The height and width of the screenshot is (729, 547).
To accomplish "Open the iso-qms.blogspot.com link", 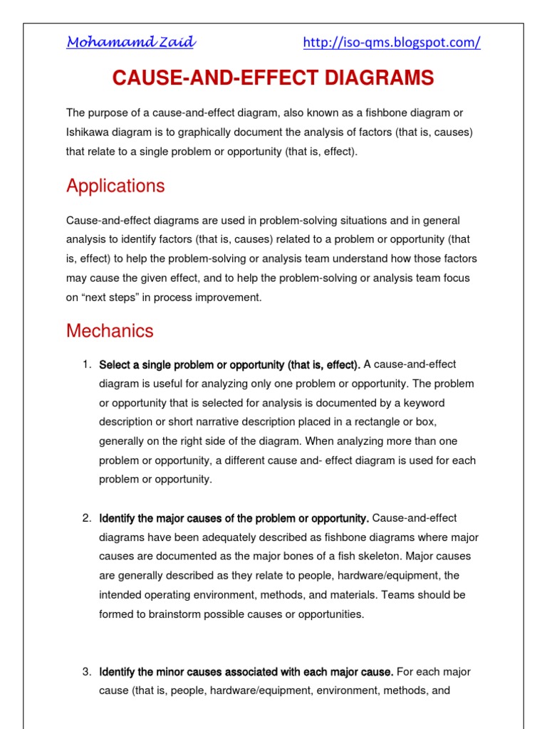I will click(392, 43).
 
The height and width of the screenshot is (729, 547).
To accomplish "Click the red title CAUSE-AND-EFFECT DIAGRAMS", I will click(273, 78).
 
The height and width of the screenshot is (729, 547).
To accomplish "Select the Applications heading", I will click(115, 186).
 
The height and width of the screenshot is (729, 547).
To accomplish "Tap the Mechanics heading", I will click(110, 331).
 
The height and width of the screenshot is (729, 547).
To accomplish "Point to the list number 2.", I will click(87, 518).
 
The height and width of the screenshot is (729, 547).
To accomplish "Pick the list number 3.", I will click(87, 671).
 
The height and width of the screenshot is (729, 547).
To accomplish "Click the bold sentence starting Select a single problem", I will click(229, 365).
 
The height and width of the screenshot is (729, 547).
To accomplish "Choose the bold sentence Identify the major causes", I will click(234, 518).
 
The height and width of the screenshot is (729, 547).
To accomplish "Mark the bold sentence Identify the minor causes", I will click(246, 671).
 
